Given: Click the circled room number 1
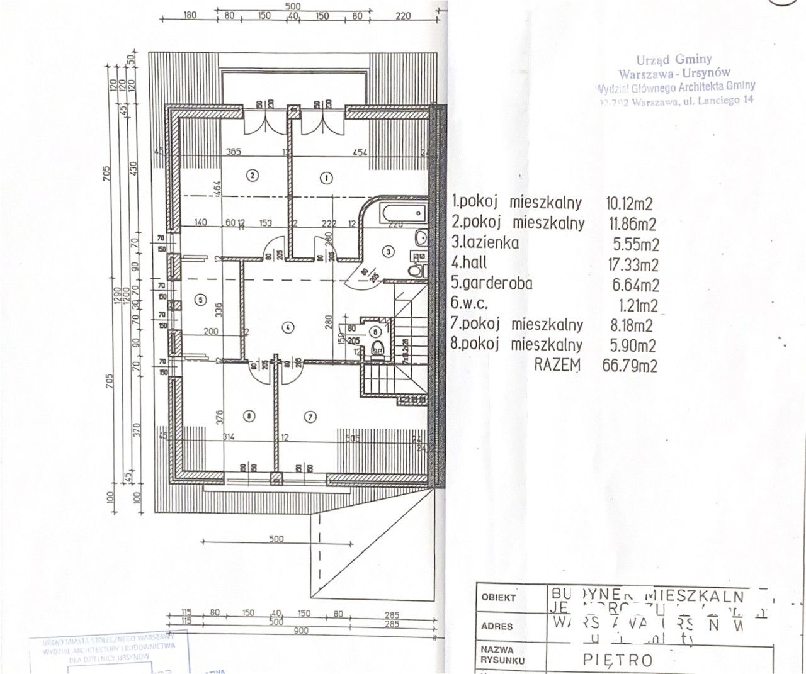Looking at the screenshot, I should pos(326,177).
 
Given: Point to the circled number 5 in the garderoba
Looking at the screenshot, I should pos(200,300).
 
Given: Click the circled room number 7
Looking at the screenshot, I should pos(309,416).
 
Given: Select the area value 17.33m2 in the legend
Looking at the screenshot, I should pos(635,264).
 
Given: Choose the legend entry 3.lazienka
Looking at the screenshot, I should pos(485,242).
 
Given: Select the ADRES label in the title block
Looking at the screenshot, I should pos(497,626).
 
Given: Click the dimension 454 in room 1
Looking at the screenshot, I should pos(360,152).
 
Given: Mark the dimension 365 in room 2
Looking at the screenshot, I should pos(234,152).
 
